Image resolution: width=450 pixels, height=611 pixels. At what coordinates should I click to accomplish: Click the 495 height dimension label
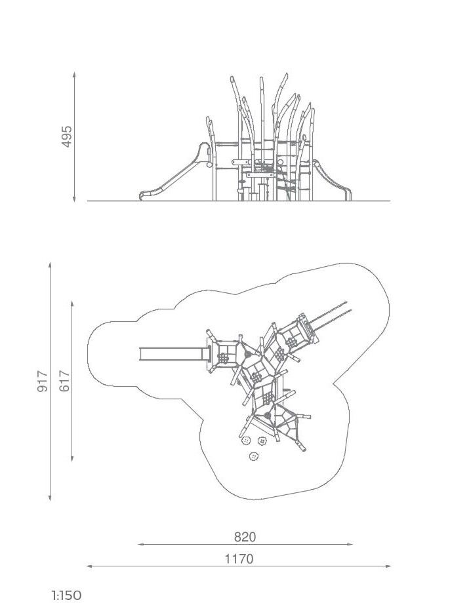67,136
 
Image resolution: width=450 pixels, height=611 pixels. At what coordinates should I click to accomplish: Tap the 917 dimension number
43,382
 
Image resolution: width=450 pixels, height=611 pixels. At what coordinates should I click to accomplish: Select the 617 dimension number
64,381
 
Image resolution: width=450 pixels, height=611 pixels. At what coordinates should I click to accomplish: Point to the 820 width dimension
245,537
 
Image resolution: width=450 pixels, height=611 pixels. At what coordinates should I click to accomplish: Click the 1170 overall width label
239,559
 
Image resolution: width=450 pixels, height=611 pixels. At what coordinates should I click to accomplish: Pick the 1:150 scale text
67,595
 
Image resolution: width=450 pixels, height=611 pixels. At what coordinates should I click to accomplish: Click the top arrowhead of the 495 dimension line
74,74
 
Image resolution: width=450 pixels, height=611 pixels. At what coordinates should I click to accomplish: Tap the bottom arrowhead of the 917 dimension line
50,498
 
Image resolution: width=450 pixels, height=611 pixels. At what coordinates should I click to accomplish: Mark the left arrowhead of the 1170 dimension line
89,566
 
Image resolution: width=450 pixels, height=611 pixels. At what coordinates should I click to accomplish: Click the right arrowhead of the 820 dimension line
350,544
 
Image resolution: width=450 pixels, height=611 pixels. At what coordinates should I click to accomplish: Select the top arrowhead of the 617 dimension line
72,304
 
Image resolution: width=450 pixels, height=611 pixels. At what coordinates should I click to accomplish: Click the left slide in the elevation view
174,172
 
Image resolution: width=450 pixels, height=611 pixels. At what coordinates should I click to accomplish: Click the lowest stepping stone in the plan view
255,456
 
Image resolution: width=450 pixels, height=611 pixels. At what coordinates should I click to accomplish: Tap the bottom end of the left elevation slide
141,197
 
